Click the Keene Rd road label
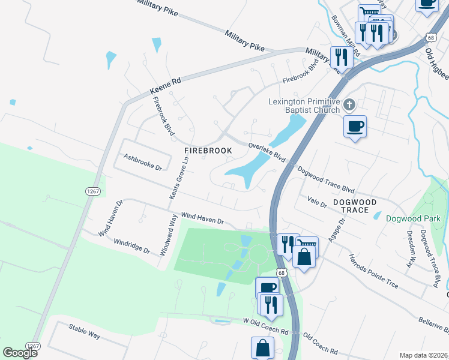165,85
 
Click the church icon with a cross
351,106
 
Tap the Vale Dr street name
316,201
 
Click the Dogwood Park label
413,218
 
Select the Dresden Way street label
411,248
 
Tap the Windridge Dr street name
131,246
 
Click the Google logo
19,352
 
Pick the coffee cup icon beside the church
355,127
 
